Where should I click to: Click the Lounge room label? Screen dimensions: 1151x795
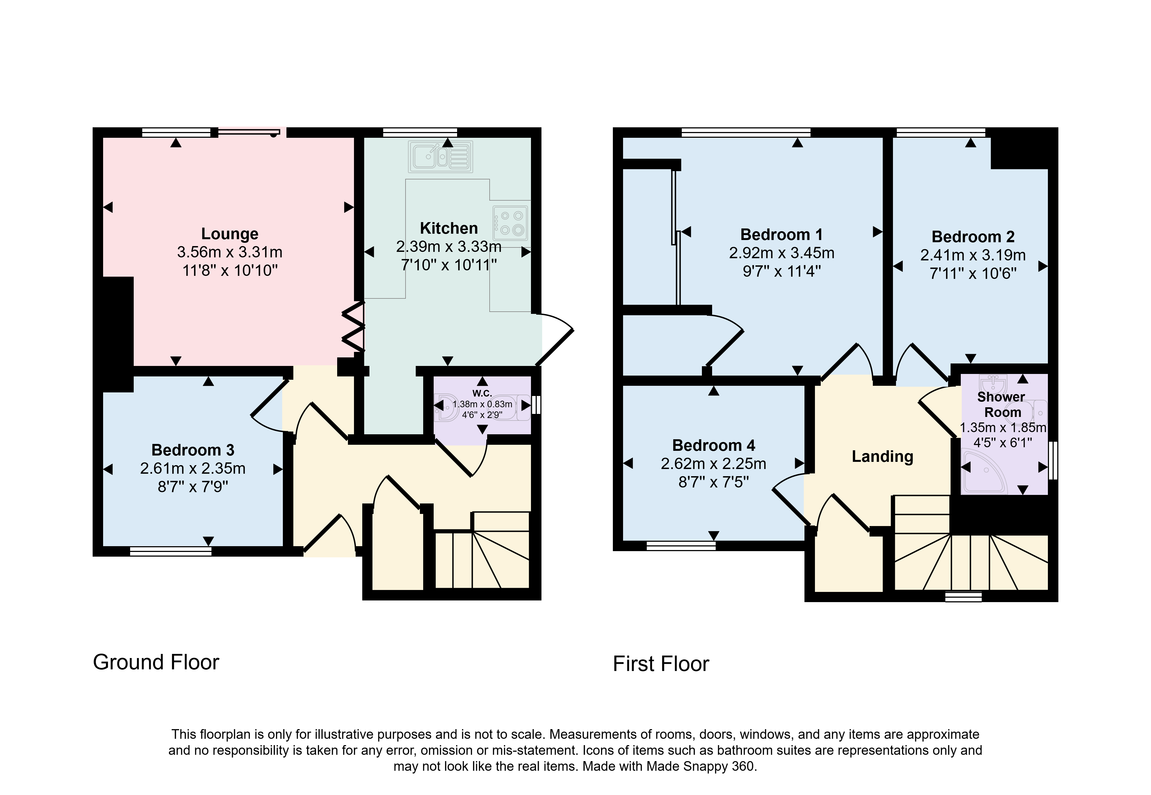[x=230, y=234]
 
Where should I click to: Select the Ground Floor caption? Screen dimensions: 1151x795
[x=156, y=662]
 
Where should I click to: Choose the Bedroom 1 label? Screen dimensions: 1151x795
[x=781, y=234]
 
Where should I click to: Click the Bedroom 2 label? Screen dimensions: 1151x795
[x=973, y=237]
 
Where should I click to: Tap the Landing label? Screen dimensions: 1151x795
[x=882, y=456]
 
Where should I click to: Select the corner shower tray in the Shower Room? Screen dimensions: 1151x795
[x=984, y=470]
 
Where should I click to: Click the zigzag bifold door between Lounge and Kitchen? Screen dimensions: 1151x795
[x=354, y=327]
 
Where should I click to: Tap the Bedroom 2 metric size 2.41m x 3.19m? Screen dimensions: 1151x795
[x=973, y=255]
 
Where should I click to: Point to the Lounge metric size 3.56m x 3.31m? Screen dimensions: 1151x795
[x=230, y=252]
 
